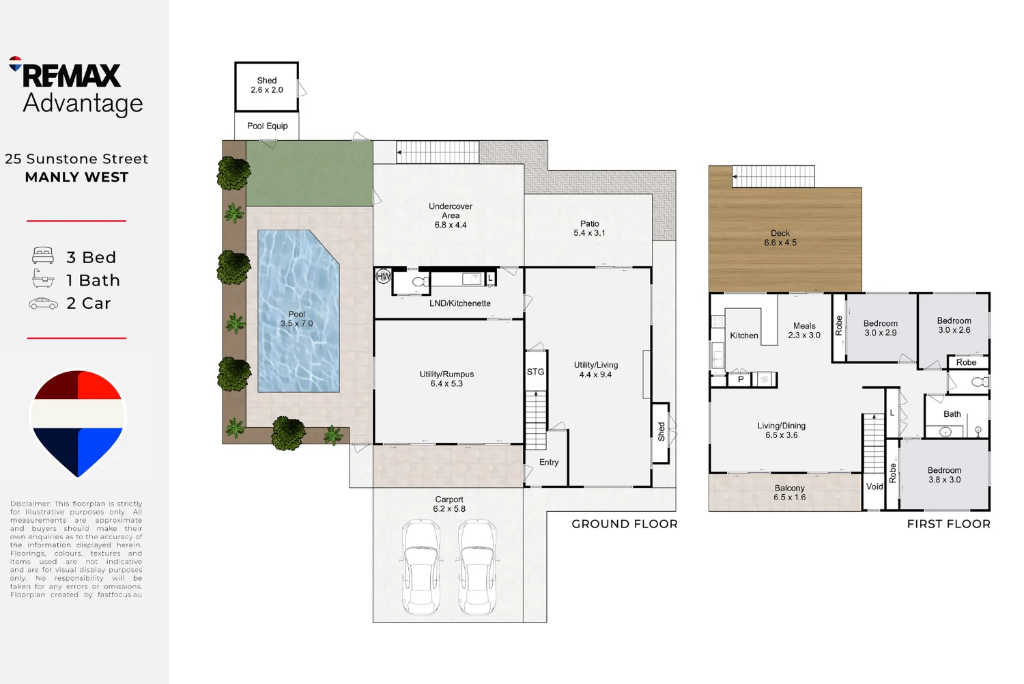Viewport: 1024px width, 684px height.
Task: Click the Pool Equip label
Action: [x=268, y=126]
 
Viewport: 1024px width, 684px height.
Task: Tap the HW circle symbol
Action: [x=383, y=276]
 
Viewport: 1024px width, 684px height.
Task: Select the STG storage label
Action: [x=535, y=372]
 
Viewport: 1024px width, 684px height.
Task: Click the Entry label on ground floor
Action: [x=549, y=462]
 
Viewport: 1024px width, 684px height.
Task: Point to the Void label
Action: [x=874, y=487]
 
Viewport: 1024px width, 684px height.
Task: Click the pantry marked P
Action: [x=741, y=379]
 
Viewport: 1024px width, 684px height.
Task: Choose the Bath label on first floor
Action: [x=952, y=414]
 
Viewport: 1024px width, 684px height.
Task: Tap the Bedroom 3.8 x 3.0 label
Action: [x=944, y=475]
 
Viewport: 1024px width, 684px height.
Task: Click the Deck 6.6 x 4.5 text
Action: [x=780, y=238]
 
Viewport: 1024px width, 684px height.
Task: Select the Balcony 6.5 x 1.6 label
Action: [x=789, y=493]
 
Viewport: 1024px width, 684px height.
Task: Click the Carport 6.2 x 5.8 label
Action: [x=449, y=504]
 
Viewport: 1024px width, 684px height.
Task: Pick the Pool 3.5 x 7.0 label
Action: [x=297, y=319]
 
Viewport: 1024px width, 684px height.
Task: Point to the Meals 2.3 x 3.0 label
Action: [x=804, y=330]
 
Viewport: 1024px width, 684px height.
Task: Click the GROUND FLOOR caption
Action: [x=625, y=524]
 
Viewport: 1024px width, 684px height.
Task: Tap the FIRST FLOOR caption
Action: [x=949, y=524]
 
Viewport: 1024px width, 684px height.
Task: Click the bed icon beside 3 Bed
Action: [x=43, y=256]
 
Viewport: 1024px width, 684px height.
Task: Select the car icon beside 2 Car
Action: [x=43, y=303]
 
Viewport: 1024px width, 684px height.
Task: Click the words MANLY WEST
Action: [x=76, y=177]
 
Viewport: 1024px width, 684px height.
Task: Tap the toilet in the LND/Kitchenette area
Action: [x=420, y=282]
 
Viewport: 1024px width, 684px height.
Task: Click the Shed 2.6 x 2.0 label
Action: [x=266, y=85]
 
